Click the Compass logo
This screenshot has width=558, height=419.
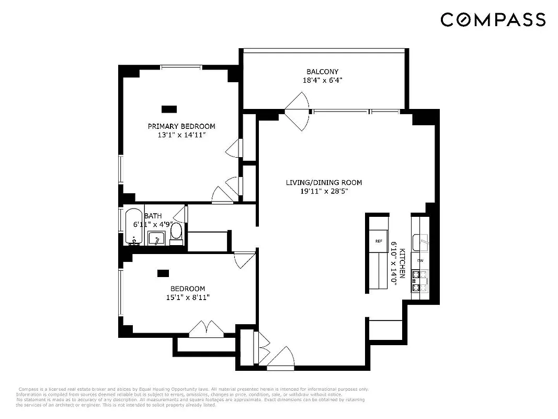coord(493,20)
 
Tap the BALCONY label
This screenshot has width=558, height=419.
coord(322,72)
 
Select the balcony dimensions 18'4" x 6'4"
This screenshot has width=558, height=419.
coord(322,81)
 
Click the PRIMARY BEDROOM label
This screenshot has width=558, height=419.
coord(181,126)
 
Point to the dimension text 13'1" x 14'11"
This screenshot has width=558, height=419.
coord(181,135)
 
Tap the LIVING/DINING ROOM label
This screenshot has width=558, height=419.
coord(324,183)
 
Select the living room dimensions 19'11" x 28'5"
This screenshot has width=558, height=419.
coord(324,192)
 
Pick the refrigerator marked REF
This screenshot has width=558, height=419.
coord(379,241)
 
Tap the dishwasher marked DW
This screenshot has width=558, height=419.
coord(420,260)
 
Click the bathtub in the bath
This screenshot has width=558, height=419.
coord(134,226)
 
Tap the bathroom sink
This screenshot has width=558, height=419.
coord(156,239)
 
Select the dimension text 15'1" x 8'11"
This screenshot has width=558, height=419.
coord(187,297)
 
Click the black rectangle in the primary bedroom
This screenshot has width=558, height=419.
coord(169,109)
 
